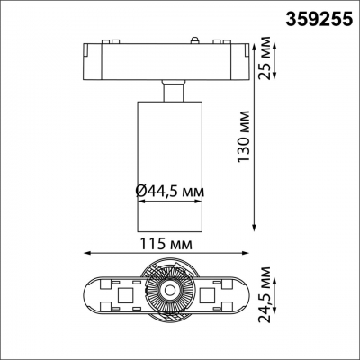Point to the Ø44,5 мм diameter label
click(x=168, y=190)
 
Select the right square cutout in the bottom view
click(x=209, y=293)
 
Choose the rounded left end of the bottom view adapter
click(x=94, y=293)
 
